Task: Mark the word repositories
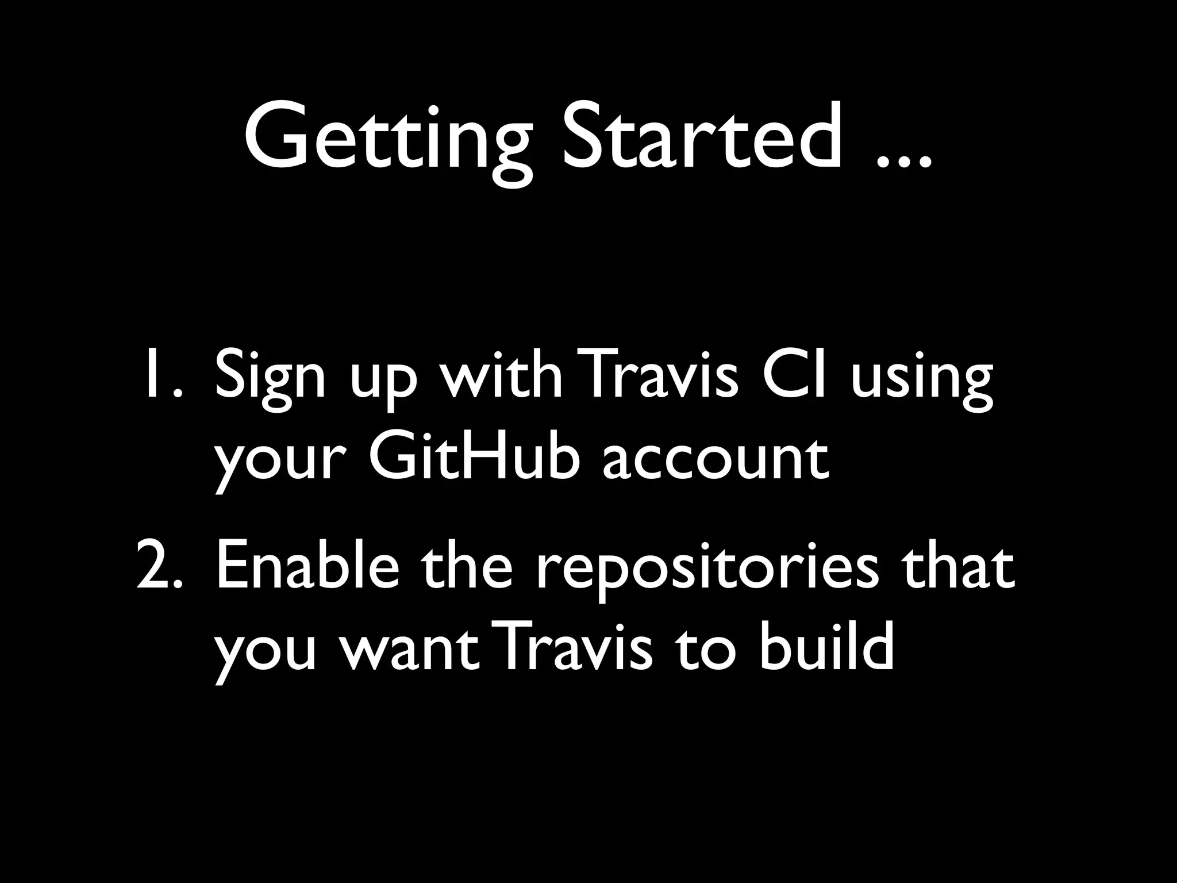click(x=707, y=572)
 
